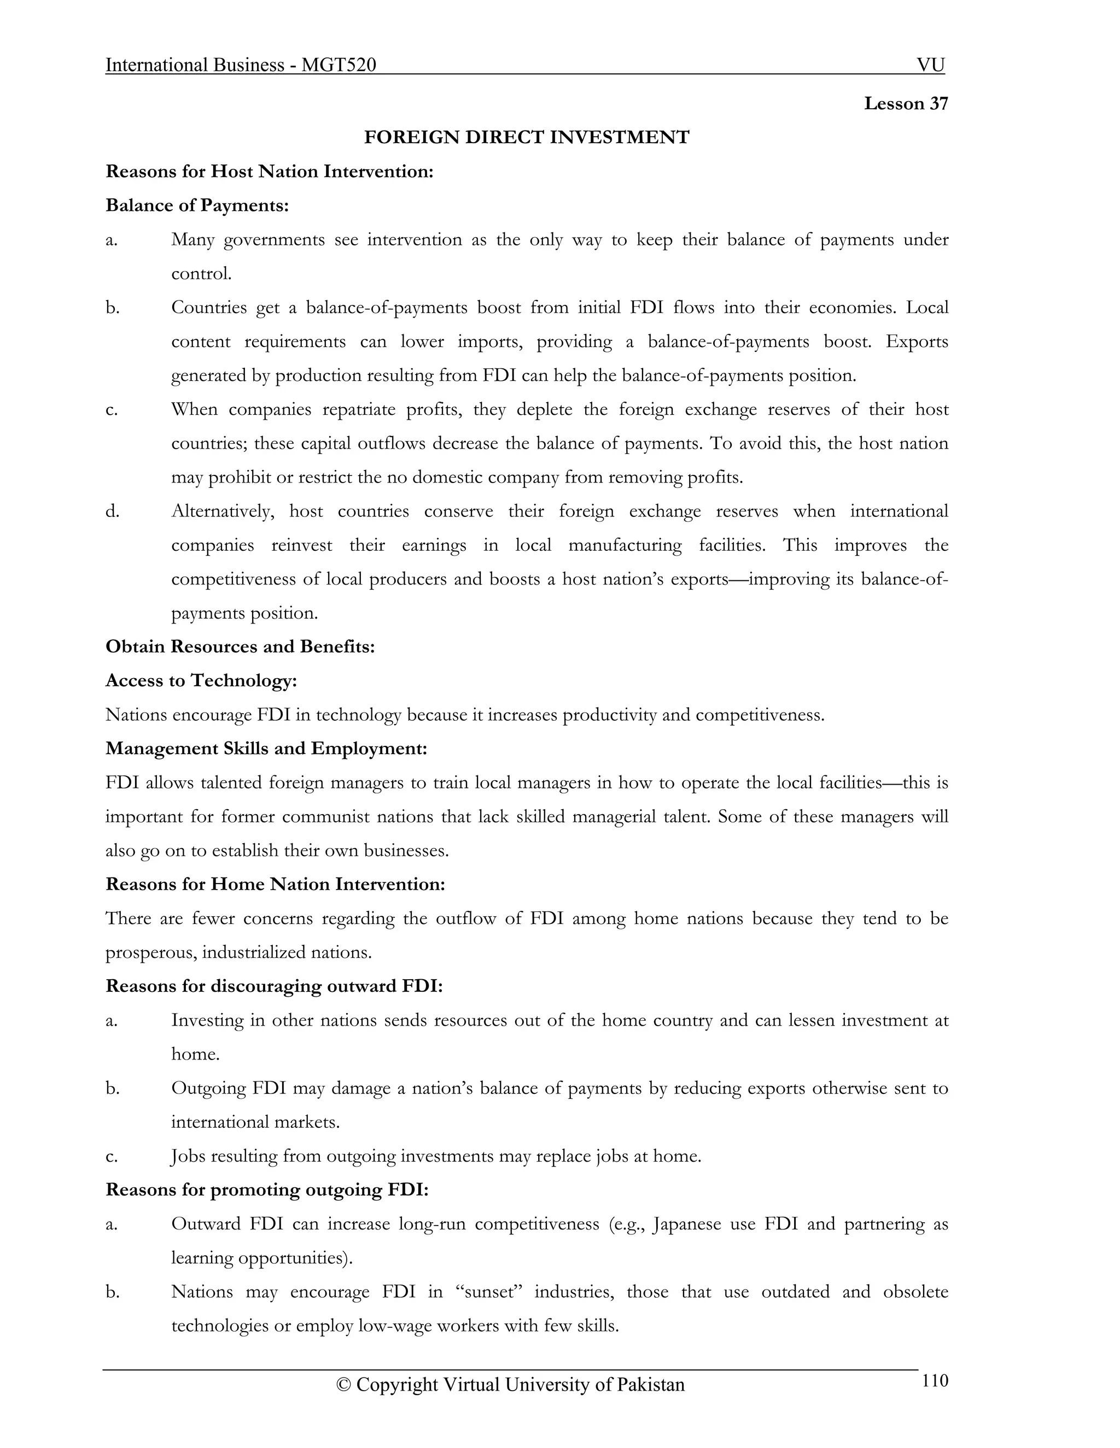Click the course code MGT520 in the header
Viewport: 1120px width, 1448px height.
(339, 65)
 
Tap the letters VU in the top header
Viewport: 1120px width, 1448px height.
(930, 65)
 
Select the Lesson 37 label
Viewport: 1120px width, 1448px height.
(906, 103)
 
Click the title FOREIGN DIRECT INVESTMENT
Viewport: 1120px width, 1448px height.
(527, 137)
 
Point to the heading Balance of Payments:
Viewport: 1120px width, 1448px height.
(197, 205)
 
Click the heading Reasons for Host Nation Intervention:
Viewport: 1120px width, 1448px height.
(270, 172)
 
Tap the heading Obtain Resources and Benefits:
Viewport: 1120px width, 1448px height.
(240, 646)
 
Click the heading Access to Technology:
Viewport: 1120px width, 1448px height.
(201, 681)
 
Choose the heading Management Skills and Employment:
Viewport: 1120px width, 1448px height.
(266, 749)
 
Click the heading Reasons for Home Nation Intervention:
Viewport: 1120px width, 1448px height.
(276, 885)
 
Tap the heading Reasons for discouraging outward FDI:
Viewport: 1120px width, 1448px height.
(274, 986)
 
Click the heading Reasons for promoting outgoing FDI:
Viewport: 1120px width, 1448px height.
(267, 1190)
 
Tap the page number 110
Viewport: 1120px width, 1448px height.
(935, 1380)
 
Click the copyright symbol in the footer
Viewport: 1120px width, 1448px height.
(343, 1386)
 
